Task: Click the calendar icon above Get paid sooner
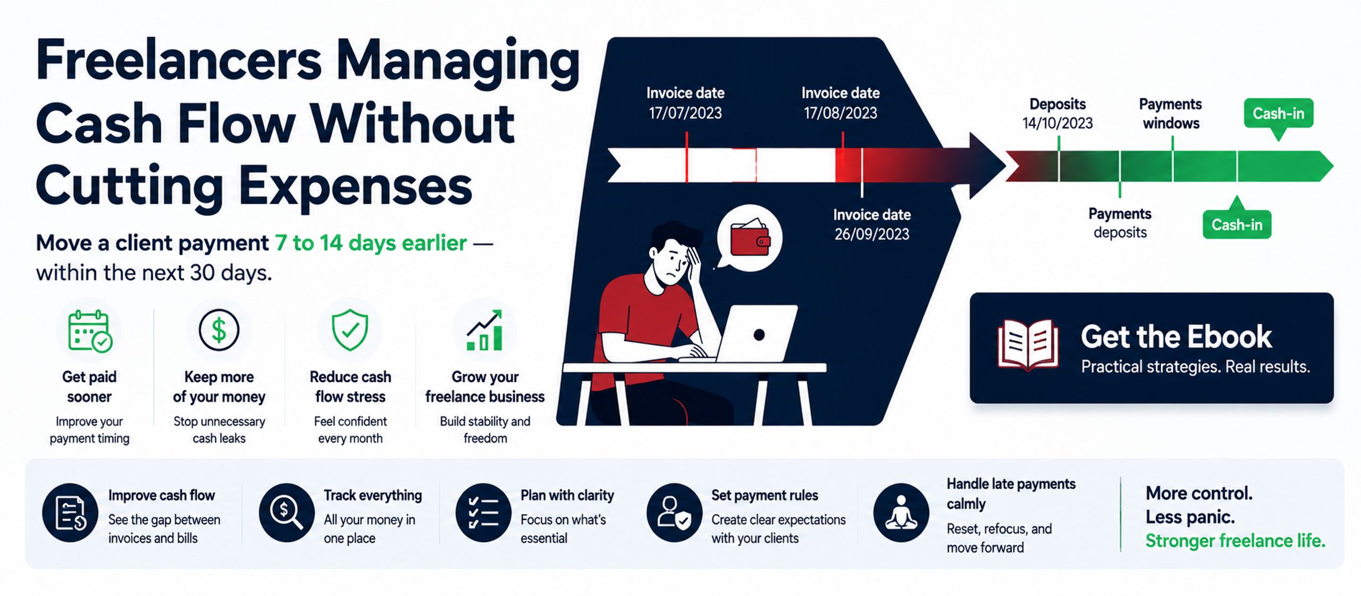coord(89,331)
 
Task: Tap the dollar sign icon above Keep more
coord(219,330)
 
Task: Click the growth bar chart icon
coord(484,331)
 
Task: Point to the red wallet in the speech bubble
coord(750,238)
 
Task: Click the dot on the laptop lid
coord(759,334)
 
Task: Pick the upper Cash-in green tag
coord(1278,114)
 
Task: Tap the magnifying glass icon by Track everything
coord(287,513)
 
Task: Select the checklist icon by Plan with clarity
coord(483,513)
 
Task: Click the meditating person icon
coord(901,513)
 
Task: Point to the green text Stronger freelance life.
coord(1235,541)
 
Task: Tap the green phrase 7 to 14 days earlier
coord(371,243)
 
